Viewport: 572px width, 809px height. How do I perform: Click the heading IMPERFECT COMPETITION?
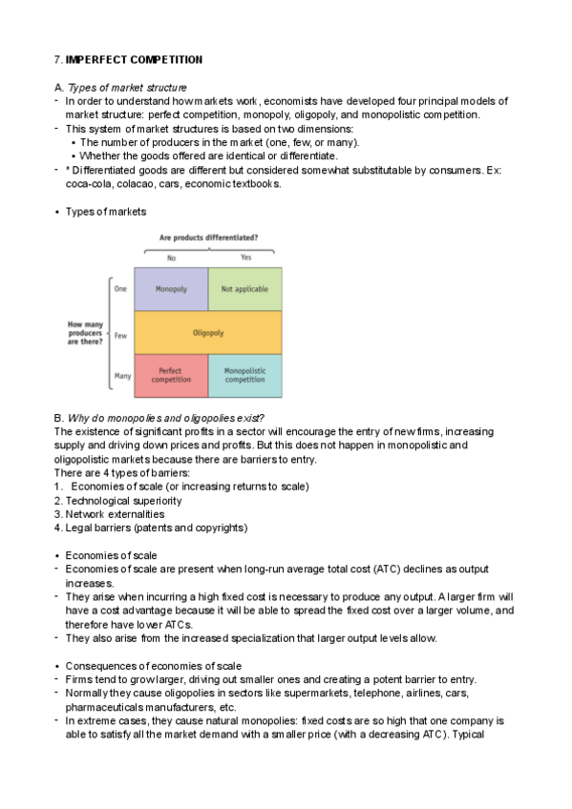(134, 59)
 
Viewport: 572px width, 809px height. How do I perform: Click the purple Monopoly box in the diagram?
(171, 289)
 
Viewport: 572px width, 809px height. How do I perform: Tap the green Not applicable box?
(244, 289)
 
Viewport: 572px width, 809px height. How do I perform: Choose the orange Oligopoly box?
(208, 333)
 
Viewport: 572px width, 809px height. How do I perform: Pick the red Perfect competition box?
(170, 375)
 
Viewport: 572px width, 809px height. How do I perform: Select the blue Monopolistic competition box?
(244, 375)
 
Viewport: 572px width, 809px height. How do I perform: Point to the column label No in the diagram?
(171, 257)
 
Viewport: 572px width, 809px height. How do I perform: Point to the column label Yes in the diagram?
(246, 257)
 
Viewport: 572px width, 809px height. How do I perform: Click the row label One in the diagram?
(121, 289)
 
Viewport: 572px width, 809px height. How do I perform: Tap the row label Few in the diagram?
(121, 335)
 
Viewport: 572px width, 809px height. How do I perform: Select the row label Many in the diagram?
(122, 376)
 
